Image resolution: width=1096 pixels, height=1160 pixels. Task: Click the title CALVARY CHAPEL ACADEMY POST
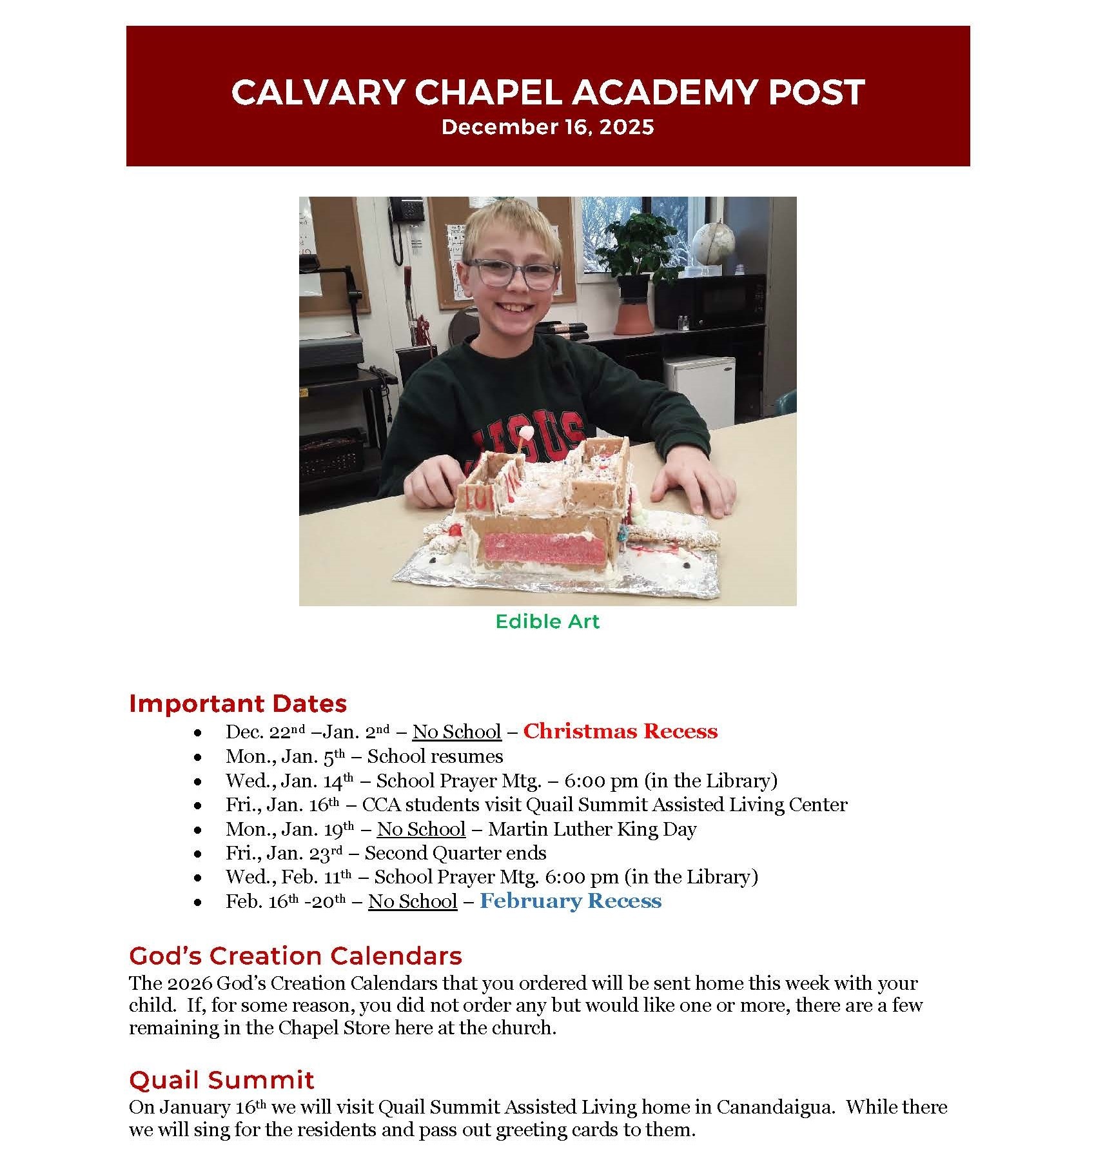tap(547, 92)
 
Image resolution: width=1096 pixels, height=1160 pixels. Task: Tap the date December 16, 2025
tap(547, 127)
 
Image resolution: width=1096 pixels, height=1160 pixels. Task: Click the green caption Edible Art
tap(547, 621)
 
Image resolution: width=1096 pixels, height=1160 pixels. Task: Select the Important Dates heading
tap(238, 703)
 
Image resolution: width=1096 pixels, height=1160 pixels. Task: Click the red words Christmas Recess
tap(620, 731)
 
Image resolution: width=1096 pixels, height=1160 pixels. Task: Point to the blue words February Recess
tap(571, 900)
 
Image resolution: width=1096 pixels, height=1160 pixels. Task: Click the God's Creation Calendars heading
tap(295, 955)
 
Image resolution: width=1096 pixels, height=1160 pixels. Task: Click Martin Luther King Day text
tap(592, 829)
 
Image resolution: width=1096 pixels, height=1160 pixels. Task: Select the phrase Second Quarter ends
tap(455, 852)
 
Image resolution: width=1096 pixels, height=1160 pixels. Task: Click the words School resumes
tap(435, 756)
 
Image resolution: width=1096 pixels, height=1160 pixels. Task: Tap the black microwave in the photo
tap(709, 302)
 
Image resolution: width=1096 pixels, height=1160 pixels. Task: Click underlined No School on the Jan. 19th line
tap(421, 829)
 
